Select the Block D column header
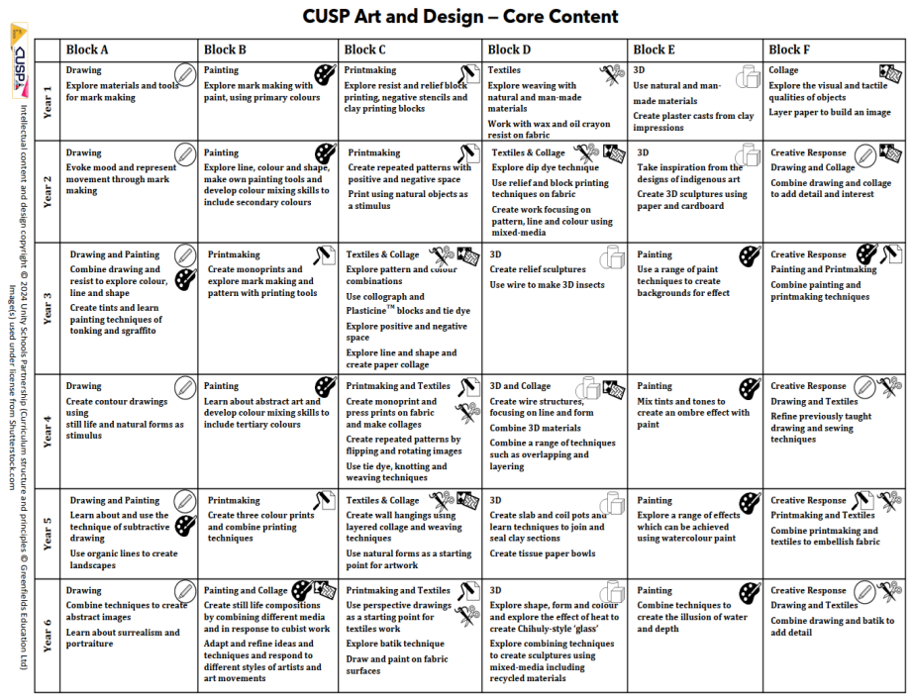coord(510,50)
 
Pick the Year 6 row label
coord(48,635)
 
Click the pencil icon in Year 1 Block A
coord(185,75)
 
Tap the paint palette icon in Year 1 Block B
coord(325,75)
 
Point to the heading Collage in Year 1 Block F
coord(783,70)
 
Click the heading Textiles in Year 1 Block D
coord(504,70)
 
